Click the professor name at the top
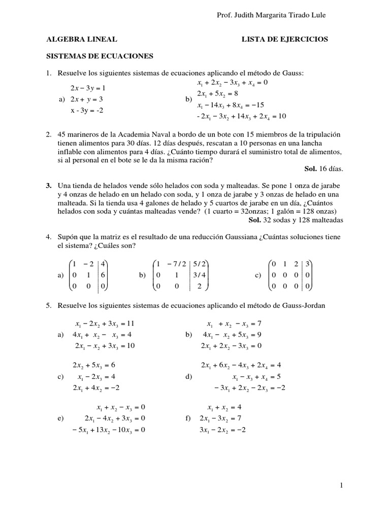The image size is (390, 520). pos(271,16)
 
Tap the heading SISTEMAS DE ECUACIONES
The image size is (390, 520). pos(100,56)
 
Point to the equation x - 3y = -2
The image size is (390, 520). pos(87,110)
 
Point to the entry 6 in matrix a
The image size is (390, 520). pos(103,275)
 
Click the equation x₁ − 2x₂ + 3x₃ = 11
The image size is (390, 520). pos(104,323)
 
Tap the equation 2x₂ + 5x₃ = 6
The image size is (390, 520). pos(94,365)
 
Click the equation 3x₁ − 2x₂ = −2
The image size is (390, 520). pos(223,430)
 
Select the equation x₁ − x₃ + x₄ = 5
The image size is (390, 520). pos(256,377)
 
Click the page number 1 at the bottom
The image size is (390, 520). pos(342,485)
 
